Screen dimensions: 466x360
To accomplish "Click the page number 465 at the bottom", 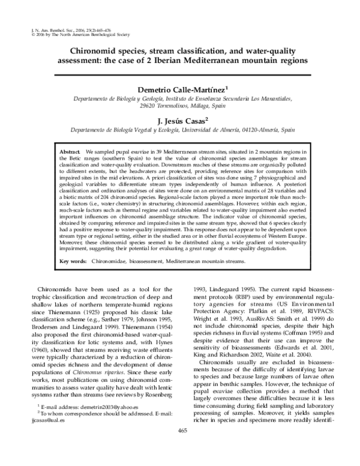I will [180, 446].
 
